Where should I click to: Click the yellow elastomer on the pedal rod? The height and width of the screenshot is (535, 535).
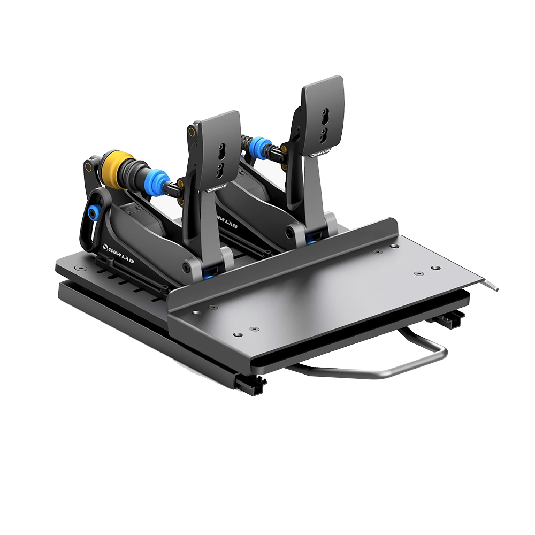pyautogui.click(x=116, y=169)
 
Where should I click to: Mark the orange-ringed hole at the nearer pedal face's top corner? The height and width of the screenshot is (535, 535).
pyautogui.click(x=190, y=130)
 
